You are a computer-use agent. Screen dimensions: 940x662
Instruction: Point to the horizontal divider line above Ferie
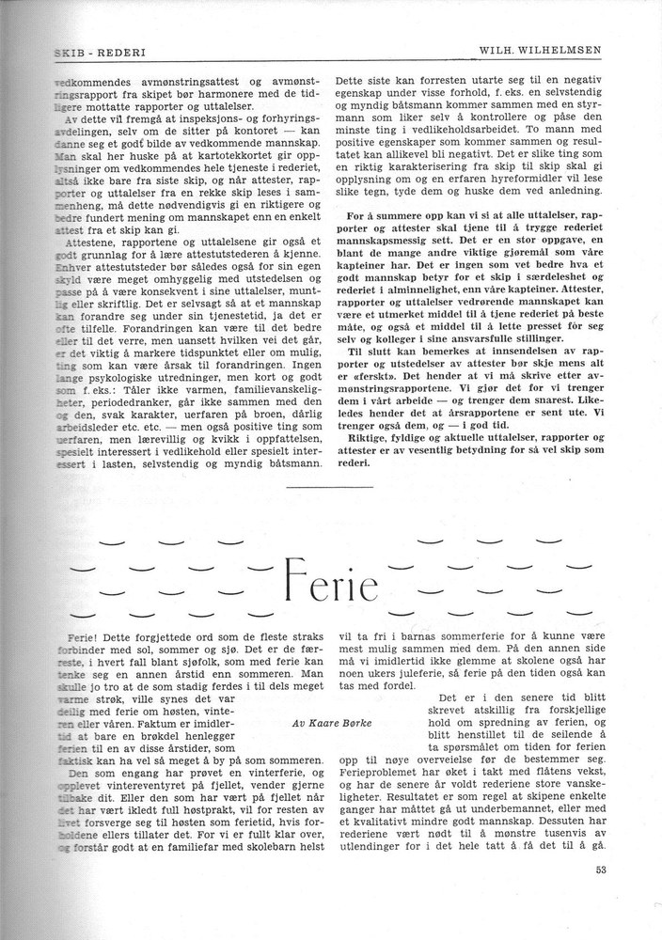click(x=331, y=488)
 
